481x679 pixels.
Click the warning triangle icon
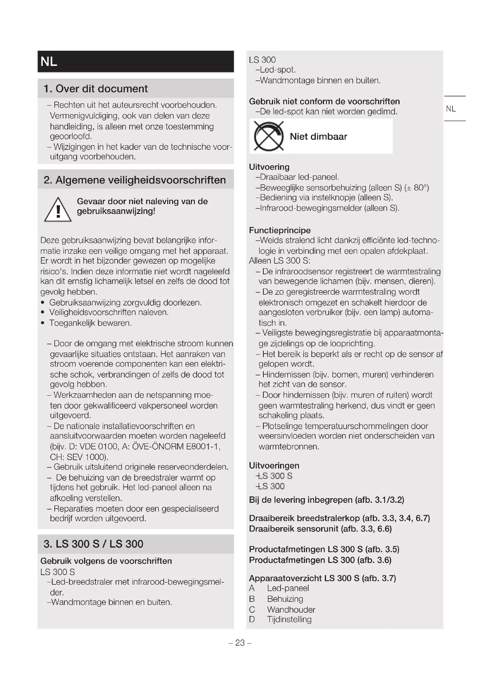point(58,210)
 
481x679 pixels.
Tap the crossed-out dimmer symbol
point(269,136)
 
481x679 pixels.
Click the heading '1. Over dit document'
point(95,89)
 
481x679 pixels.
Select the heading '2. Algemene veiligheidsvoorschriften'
point(134,180)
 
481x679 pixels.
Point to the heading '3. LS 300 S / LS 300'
point(93,544)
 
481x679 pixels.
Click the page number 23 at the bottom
point(240,643)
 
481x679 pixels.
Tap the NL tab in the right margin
point(451,109)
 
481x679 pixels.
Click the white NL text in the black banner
point(49,62)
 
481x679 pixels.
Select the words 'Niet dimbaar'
point(318,136)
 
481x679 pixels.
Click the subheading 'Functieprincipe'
point(279,230)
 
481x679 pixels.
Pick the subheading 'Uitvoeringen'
point(274,465)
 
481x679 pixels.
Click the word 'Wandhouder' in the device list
point(291,610)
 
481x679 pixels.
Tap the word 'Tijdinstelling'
point(289,619)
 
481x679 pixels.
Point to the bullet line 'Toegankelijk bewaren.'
point(90,323)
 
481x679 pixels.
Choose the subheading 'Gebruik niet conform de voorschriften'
point(324,101)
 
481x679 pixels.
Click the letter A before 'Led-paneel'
point(252,588)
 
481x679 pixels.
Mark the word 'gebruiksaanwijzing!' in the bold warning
point(116,211)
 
